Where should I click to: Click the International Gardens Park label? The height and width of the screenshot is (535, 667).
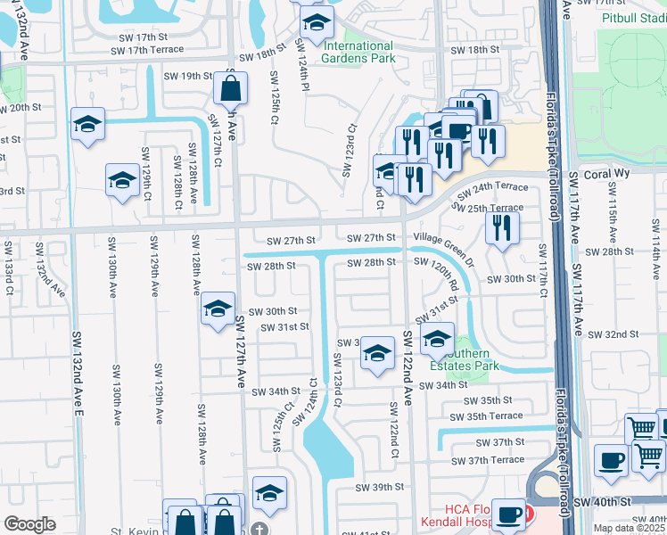click(358, 53)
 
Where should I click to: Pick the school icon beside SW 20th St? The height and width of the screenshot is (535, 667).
click(88, 124)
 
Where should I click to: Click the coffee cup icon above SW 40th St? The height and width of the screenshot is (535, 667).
click(612, 459)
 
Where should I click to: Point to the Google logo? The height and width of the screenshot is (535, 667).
click(30, 524)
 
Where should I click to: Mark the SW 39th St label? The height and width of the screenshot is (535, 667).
click(380, 487)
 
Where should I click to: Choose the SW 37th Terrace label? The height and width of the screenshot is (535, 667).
click(488, 460)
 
